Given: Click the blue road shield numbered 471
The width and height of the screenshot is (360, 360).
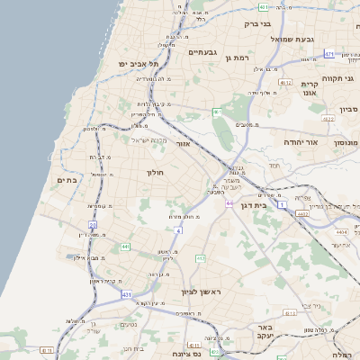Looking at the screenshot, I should click(x=329, y=55).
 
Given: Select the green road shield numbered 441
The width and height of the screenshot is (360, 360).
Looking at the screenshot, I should click(x=125, y=246).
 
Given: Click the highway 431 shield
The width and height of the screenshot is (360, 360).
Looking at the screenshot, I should click(x=127, y=294).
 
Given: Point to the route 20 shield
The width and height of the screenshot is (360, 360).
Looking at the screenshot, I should click(x=92, y=224).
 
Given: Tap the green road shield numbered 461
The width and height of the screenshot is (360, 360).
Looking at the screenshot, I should click(x=216, y=112).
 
